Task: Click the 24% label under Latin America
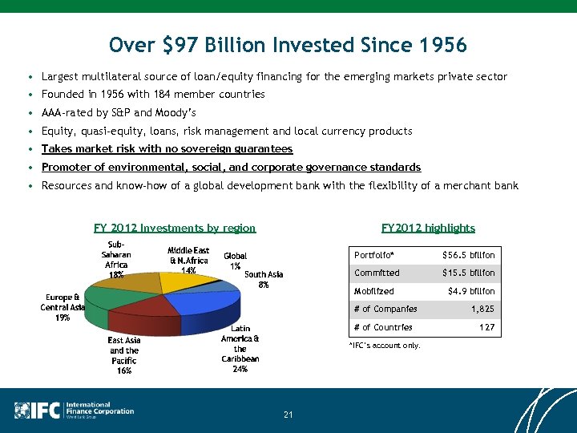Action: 240,370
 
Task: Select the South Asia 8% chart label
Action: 264,279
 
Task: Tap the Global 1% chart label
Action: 235,261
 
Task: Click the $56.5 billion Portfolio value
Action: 469,255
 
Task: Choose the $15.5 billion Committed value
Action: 469,273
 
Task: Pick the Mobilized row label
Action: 374,291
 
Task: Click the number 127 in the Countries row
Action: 486,327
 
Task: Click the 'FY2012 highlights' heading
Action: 428,229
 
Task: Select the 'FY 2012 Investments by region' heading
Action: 175,229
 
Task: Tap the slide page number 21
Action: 288,415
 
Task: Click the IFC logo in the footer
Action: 37,410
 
